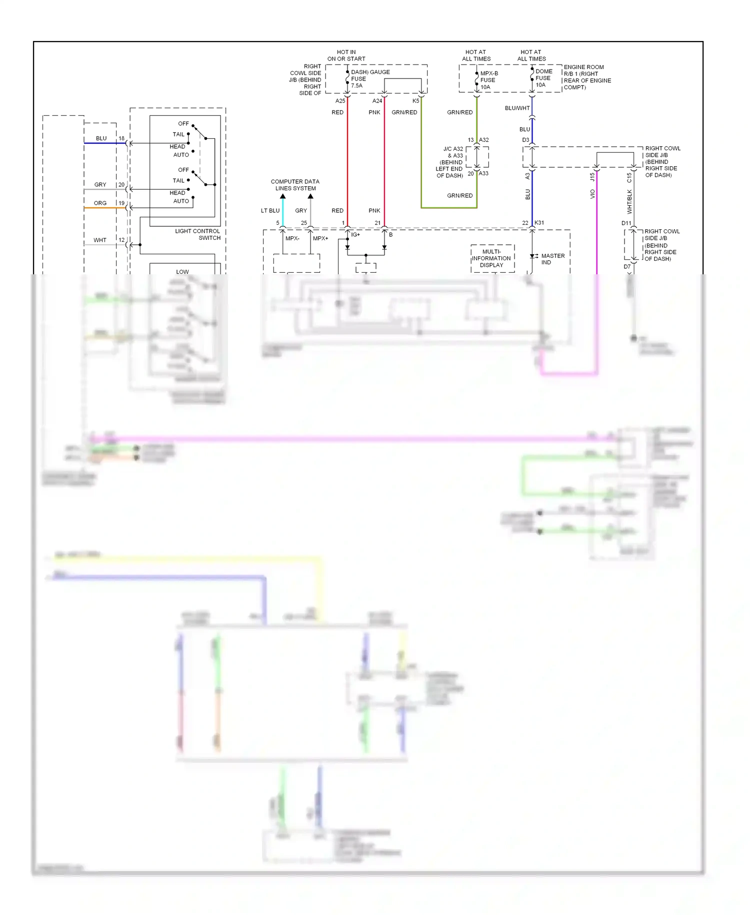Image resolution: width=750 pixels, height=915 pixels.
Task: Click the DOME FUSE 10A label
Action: [543, 78]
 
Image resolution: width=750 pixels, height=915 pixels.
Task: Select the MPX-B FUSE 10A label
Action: [488, 80]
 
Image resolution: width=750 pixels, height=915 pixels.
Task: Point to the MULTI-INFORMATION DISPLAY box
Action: [492, 258]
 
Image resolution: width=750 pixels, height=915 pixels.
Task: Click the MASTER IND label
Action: [552, 259]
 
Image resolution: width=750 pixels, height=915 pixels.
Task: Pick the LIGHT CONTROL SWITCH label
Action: [198, 234]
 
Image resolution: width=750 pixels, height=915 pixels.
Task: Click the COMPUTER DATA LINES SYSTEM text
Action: [295, 185]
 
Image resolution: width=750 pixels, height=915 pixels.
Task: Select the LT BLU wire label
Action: [270, 211]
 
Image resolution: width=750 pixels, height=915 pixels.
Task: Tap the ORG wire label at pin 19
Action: [100, 203]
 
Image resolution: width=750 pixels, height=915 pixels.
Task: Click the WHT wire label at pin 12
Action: [100, 240]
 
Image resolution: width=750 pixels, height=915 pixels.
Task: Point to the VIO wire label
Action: [592, 194]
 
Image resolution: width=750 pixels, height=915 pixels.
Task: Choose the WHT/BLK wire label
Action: [629, 201]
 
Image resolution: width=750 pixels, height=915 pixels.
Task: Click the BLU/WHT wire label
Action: [517, 108]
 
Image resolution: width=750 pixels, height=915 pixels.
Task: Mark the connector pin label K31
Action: [539, 223]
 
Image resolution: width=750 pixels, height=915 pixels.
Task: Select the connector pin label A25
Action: [340, 101]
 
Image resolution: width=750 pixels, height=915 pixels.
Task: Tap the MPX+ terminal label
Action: [320, 238]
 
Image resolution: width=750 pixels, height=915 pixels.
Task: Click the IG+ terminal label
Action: [355, 234]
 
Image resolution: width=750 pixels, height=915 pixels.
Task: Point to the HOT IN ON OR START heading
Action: [346, 56]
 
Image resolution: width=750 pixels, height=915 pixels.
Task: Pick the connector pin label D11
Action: [626, 223]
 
